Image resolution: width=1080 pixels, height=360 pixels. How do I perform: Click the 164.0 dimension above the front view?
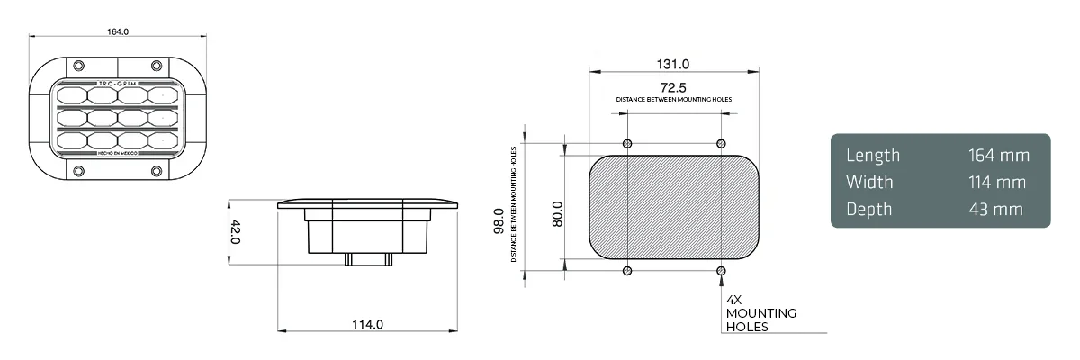tap(119, 31)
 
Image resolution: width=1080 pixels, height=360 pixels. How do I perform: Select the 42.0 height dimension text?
tap(236, 233)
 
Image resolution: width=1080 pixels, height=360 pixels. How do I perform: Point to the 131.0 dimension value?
tap(672, 64)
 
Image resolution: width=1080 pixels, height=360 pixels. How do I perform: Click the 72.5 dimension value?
tap(673, 87)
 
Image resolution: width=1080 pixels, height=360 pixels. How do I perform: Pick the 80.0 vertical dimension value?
tap(557, 213)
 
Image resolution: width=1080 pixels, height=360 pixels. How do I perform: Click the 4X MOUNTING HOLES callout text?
tap(760, 313)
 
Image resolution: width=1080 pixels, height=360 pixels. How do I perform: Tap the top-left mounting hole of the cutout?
tap(627, 144)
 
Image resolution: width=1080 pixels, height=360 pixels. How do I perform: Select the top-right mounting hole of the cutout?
tap(720, 144)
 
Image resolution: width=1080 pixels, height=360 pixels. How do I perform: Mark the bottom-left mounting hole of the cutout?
tap(627, 271)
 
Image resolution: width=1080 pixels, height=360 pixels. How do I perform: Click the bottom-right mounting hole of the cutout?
tap(720, 271)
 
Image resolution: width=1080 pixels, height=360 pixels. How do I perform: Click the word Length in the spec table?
tap(872, 156)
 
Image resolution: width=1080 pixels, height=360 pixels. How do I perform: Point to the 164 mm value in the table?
tap(997, 156)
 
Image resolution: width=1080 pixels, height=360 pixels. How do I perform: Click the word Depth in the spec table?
tap(868, 210)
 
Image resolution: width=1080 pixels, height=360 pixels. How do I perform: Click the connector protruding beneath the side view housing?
tap(367, 259)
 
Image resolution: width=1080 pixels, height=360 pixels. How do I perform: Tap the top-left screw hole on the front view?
tap(78, 67)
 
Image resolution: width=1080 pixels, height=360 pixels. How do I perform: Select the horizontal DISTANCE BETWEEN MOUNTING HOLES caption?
tap(673, 98)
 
